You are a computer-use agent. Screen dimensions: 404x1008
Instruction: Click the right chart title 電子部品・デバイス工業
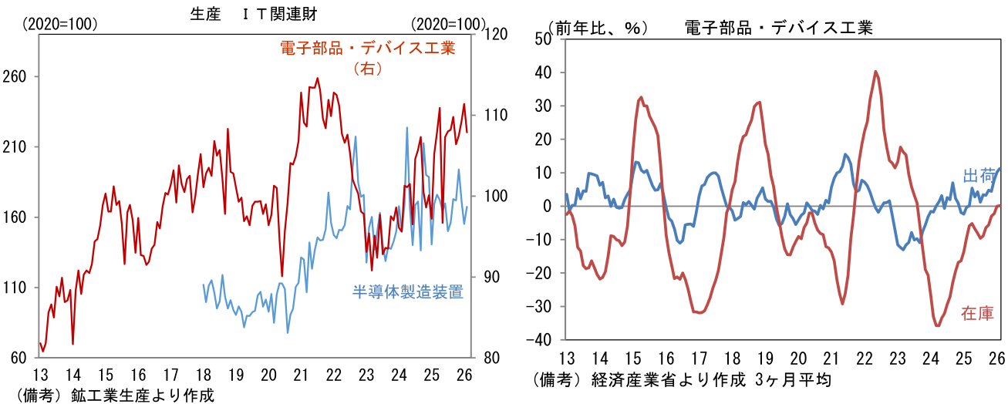pyautogui.click(x=778, y=29)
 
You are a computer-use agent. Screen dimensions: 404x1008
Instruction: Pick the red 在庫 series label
pyautogui.click(x=977, y=312)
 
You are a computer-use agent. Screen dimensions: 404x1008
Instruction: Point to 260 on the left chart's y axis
pyautogui.click(x=16, y=77)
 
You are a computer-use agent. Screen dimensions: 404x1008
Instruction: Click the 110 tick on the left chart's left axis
pyautogui.click(x=16, y=288)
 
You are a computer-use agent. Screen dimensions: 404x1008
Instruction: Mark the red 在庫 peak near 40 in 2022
pyautogui.click(x=876, y=72)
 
